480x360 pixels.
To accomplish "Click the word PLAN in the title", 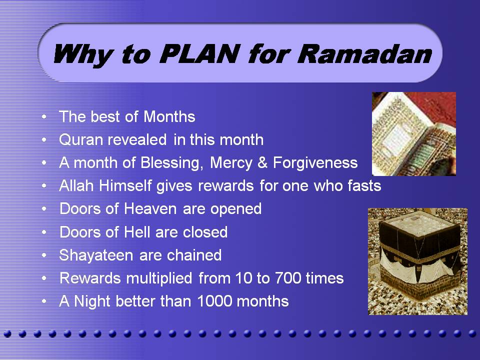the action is (199, 54).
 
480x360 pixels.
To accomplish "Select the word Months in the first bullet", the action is (169, 116).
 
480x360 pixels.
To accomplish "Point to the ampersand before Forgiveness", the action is (262, 162).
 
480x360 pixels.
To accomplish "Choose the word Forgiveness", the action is (315, 162).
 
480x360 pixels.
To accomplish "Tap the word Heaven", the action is (150, 209).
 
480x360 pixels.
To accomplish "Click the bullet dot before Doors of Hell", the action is (44, 232).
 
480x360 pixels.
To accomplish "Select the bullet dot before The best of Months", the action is (44, 117).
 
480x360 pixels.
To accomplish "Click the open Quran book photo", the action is (414, 134).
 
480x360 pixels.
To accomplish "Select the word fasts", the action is (364, 185).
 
